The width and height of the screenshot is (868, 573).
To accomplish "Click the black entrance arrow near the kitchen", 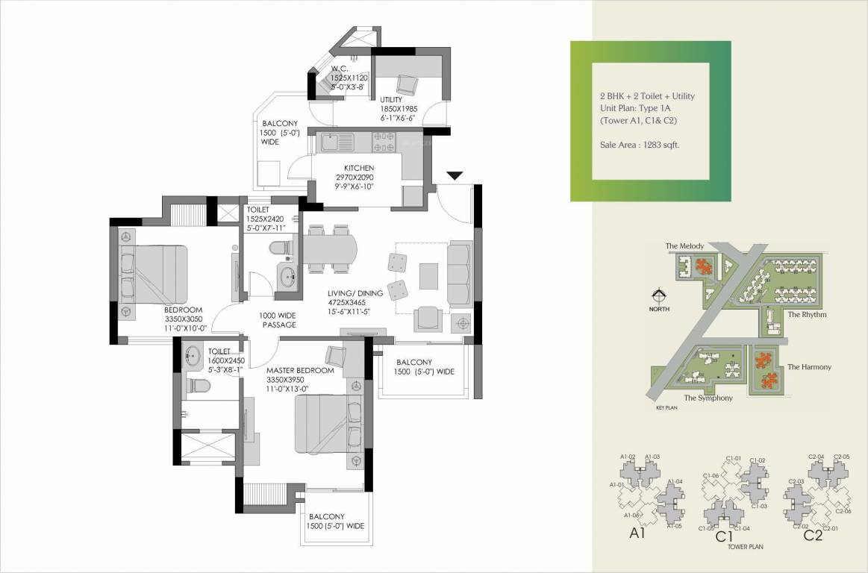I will [455, 175].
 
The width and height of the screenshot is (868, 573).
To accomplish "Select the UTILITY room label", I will [392, 99].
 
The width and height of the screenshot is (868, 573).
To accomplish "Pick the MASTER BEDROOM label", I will [300, 370].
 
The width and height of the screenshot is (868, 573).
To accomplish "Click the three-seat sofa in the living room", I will [460, 273].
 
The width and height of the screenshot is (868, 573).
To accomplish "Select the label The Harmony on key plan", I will [809, 367].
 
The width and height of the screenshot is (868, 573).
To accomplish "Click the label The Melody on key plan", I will [681, 245].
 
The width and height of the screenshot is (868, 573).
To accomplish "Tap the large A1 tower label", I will [637, 534].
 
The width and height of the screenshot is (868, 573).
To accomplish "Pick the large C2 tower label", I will [813, 535].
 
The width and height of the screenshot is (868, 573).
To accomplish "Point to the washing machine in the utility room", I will [407, 84].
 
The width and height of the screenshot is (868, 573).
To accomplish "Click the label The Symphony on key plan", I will [708, 398].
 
